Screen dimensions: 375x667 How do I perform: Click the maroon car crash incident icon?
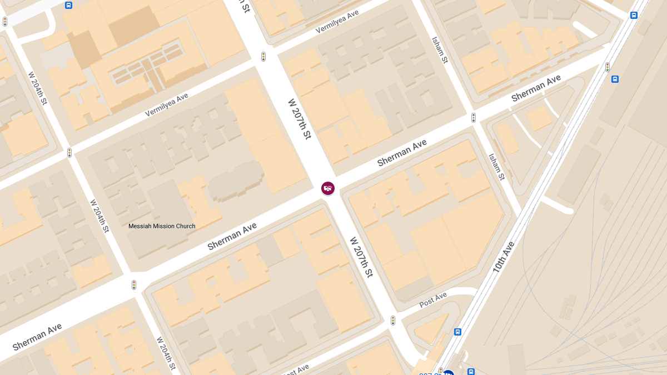(328, 188)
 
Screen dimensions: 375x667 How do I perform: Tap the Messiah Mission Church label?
(162, 226)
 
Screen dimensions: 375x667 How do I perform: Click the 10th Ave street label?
(504, 257)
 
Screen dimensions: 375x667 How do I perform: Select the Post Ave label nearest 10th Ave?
(433, 301)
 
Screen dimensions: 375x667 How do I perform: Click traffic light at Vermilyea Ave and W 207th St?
(263, 57)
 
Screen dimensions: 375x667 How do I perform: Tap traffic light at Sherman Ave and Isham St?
(474, 118)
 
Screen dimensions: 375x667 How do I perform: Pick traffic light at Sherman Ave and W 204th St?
(134, 285)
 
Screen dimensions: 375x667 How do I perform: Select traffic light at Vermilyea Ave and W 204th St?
(69, 152)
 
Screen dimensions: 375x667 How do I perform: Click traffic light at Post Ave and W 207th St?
(393, 321)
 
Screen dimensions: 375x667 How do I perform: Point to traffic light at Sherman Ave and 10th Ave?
(608, 67)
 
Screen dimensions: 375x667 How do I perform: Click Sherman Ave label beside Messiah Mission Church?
(232, 237)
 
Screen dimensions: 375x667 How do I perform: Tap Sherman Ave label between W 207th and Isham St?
(402, 153)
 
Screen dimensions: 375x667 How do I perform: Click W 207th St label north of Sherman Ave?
(299, 119)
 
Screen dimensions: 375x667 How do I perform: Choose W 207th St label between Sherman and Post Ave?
(361, 257)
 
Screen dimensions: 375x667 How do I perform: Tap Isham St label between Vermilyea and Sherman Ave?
(440, 51)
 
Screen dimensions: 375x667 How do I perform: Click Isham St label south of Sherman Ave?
(496, 167)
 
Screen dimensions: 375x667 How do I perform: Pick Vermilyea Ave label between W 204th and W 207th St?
(167, 105)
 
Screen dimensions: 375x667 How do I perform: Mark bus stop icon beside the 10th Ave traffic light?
(615, 79)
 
